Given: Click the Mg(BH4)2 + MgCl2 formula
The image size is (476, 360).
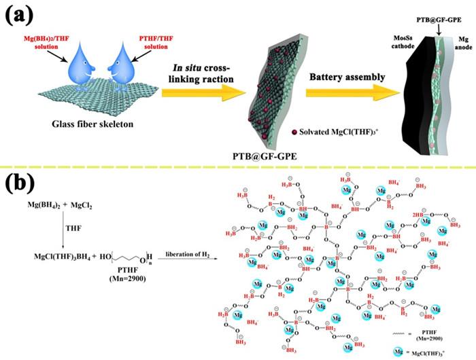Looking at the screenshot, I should [54, 204].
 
